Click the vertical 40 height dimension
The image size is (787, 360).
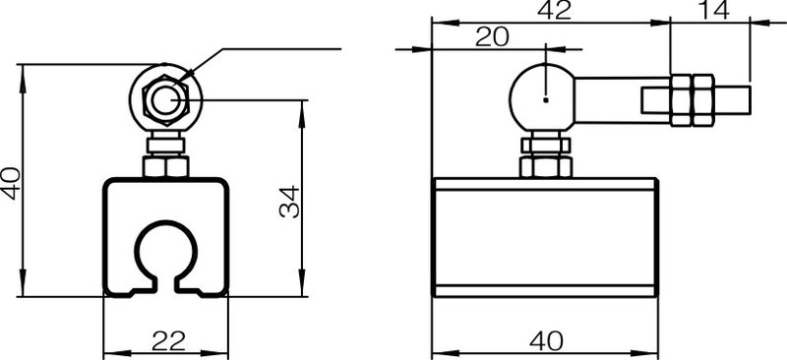pos(11,182)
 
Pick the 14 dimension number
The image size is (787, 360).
pos(714,11)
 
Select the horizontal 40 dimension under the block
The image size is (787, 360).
pos(547,340)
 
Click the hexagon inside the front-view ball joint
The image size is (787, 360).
pos(164,99)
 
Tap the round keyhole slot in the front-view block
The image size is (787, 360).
pos(164,255)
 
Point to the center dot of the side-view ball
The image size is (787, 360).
pos(544,97)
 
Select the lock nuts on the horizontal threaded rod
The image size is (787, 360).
pos(693,99)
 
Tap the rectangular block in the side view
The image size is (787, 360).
pos(543,236)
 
